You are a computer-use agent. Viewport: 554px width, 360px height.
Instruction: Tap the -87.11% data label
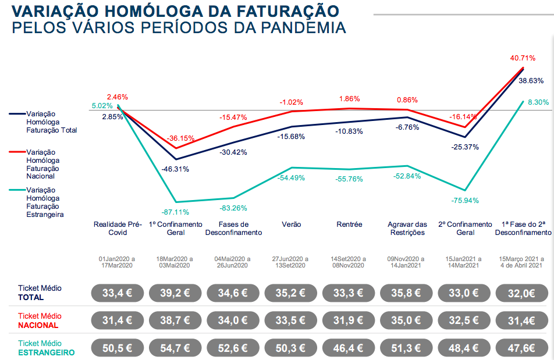(176, 212)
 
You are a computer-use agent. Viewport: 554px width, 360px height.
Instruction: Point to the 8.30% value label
(538, 102)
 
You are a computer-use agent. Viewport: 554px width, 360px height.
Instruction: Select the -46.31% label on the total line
(175, 169)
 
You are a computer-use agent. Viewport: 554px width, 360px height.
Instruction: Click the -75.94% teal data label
(465, 200)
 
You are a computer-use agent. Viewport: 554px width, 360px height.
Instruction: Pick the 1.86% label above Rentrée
(349, 99)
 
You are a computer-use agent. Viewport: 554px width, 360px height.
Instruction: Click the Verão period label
(292, 224)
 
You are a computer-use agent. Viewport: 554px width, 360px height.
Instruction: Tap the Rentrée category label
(349, 224)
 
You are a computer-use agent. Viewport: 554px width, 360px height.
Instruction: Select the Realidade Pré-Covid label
(118, 228)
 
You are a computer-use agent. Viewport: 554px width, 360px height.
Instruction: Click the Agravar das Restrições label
(407, 228)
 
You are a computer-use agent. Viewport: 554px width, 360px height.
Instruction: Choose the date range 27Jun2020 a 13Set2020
(292, 262)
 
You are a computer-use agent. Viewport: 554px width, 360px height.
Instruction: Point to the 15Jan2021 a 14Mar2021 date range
(466, 262)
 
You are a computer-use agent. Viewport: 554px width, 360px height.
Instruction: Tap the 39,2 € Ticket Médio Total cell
(176, 293)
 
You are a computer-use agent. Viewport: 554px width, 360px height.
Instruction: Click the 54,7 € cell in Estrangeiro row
(176, 349)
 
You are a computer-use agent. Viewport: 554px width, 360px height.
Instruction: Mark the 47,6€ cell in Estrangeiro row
(523, 349)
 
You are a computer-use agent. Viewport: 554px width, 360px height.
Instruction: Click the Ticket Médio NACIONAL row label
(39, 320)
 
